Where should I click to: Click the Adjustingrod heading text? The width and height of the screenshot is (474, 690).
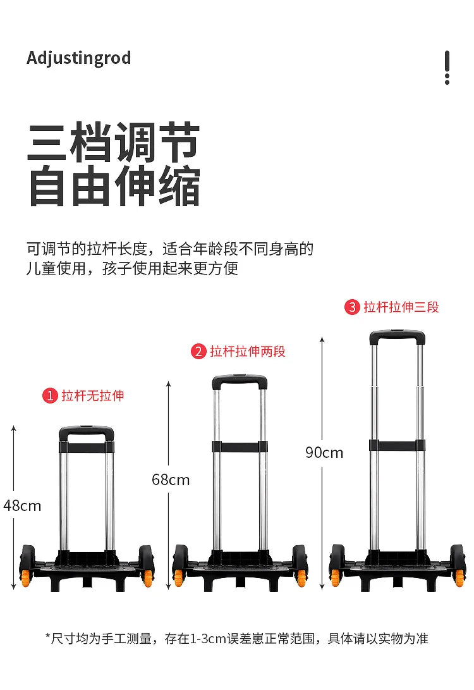[x=79, y=58]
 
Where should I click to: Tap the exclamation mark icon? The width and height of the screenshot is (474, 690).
[x=447, y=67]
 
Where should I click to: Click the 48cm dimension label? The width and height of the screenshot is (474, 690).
[x=22, y=505]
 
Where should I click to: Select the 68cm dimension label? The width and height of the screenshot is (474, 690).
[x=171, y=479]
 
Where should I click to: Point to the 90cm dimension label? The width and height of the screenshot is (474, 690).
[x=324, y=452]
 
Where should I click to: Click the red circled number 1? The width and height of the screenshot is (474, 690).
[x=50, y=396]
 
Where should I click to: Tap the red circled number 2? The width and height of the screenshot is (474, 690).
[x=198, y=351]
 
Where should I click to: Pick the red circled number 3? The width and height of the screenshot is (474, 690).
[x=352, y=307]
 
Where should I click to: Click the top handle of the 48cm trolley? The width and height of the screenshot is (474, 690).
[x=86, y=431]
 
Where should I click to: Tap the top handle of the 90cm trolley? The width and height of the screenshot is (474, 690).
[x=397, y=336]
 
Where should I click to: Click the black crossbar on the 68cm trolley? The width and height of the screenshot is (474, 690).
[x=240, y=447]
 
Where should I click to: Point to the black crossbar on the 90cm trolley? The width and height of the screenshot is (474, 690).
[x=397, y=445]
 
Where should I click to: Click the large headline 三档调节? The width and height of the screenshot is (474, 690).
[x=113, y=142]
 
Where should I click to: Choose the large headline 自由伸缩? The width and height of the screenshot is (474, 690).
[x=113, y=186]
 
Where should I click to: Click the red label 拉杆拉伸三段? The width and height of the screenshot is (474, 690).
[x=401, y=307]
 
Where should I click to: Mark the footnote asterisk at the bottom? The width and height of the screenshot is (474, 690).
[x=48, y=636]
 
